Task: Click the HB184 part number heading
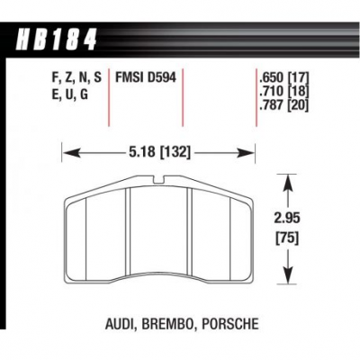tap(56, 40)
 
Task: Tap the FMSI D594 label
tap(146, 77)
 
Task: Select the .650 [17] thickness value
tap(283, 78)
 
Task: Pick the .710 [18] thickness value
tap(283, 92)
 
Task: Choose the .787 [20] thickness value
tap(283, 105)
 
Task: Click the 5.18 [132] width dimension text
tap(159, 153)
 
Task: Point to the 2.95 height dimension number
tap(287, 218)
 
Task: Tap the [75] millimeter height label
tap(287, 238)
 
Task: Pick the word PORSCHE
tap(230, 324)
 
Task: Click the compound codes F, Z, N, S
tap(76, 78)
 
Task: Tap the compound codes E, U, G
tap(70, 94)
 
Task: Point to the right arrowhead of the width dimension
tap(246, 153)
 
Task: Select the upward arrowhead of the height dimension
tap(288, 183)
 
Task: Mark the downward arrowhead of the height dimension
tap(288, 275)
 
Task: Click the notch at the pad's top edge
tap(158, 180)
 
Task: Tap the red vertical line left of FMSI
tap(108, 98)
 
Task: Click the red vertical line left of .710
tap(256, 98)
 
